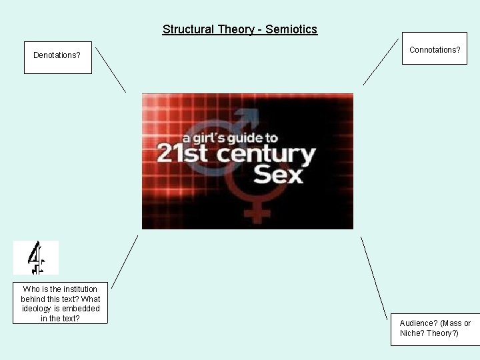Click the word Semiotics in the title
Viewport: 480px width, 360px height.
[291, 29]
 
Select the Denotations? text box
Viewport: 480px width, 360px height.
[57, 55]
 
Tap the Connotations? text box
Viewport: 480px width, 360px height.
[435, 50]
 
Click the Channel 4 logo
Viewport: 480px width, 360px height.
[36, 258]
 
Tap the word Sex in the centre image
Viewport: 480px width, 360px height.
[279, 175]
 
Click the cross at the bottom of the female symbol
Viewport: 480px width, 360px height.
[257, 213]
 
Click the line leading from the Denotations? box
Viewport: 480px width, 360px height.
[111, 69]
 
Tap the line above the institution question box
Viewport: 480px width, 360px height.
[125, 261]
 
